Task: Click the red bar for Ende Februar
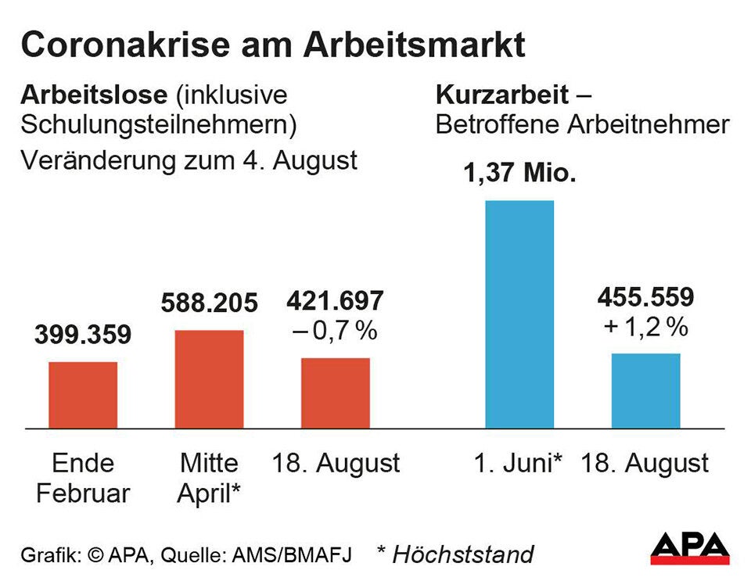(x=83, y=395)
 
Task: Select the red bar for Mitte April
(x=209, y=379)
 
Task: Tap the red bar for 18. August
(x=336, y=393)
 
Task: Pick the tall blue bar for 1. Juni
(x=519, y=314)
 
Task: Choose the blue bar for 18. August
(x=645, y=391)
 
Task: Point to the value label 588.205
(x=209, y=303)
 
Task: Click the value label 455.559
(x=645, y=297)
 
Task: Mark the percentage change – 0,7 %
(x=336, y=331)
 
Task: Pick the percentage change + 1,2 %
(x=645, y=328)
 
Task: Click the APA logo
(x=689, y=548)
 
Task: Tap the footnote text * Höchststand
(x=455, y=554)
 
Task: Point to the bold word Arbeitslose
(x=94, y=95)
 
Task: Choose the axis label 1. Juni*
(x=518, y=463)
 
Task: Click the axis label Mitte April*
(x=209, y=478)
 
